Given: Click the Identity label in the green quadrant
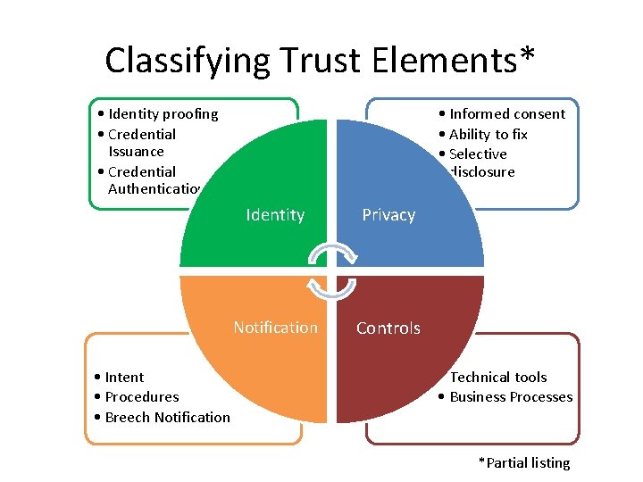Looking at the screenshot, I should [275, 215].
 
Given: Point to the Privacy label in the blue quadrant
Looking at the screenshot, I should [388, 215].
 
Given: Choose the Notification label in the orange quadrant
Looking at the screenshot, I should [275, 328].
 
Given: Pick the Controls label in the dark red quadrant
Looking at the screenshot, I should [388, 328].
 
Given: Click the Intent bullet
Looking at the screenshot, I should [123, 377].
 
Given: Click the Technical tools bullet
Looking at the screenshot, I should [497, 377].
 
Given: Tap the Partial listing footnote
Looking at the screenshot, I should [524, 462].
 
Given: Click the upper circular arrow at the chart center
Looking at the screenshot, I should [332, 254].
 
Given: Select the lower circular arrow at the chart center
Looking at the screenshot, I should [332, 287].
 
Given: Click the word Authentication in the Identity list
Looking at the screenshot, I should [155, 188].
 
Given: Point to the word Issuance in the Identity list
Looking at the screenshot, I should [136, 151].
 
